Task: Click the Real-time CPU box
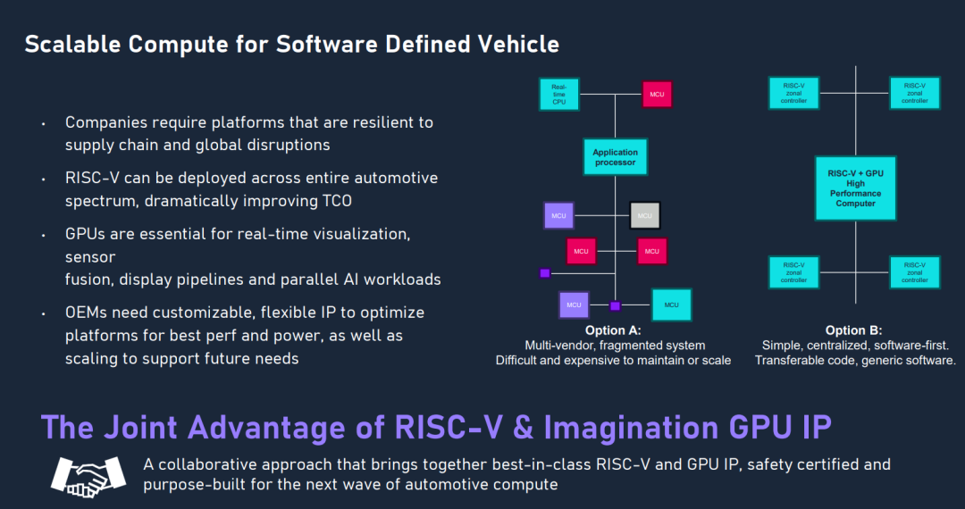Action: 559,94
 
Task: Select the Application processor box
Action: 615,157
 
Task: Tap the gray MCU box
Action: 644,215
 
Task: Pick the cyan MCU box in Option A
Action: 671,305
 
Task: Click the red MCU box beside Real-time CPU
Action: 657,94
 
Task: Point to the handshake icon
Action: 88,473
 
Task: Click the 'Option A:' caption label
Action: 613,330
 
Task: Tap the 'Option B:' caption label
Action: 855,330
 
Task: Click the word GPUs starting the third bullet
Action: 88,234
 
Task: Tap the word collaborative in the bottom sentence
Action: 206,464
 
